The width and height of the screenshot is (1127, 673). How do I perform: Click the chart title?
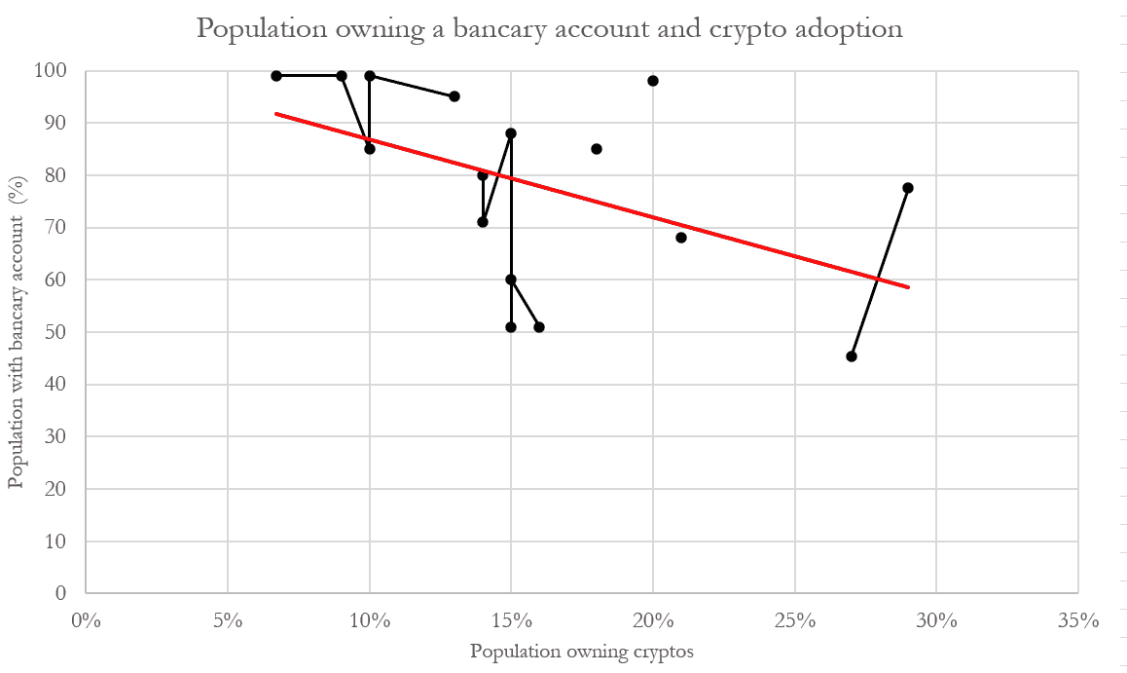550,29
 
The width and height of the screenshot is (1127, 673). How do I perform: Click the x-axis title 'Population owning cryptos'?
582,652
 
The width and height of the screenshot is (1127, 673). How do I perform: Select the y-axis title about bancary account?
17,332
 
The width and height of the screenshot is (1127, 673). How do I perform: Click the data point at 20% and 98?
653,81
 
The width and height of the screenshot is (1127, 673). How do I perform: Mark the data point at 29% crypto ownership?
908,188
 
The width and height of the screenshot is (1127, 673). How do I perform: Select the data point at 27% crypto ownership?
852,356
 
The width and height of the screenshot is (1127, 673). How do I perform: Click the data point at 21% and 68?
681,238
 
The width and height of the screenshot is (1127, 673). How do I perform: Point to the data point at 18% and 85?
597,149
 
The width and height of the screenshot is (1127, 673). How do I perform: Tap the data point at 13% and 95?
454,96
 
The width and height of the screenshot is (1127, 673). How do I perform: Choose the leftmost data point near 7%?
276,76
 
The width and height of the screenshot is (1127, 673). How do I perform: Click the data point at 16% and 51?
539,327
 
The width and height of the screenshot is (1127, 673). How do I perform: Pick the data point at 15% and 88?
511,133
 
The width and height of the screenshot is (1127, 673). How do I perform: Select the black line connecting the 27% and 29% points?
880,273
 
